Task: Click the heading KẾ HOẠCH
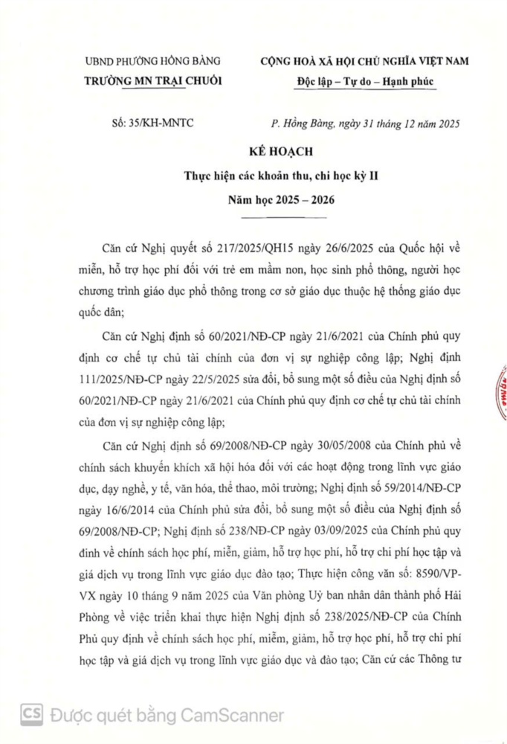point(254,151)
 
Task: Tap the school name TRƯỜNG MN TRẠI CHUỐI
point(153,80)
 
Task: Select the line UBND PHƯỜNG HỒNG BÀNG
point(153,62)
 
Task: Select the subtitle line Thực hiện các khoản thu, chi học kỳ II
point(254,176)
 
